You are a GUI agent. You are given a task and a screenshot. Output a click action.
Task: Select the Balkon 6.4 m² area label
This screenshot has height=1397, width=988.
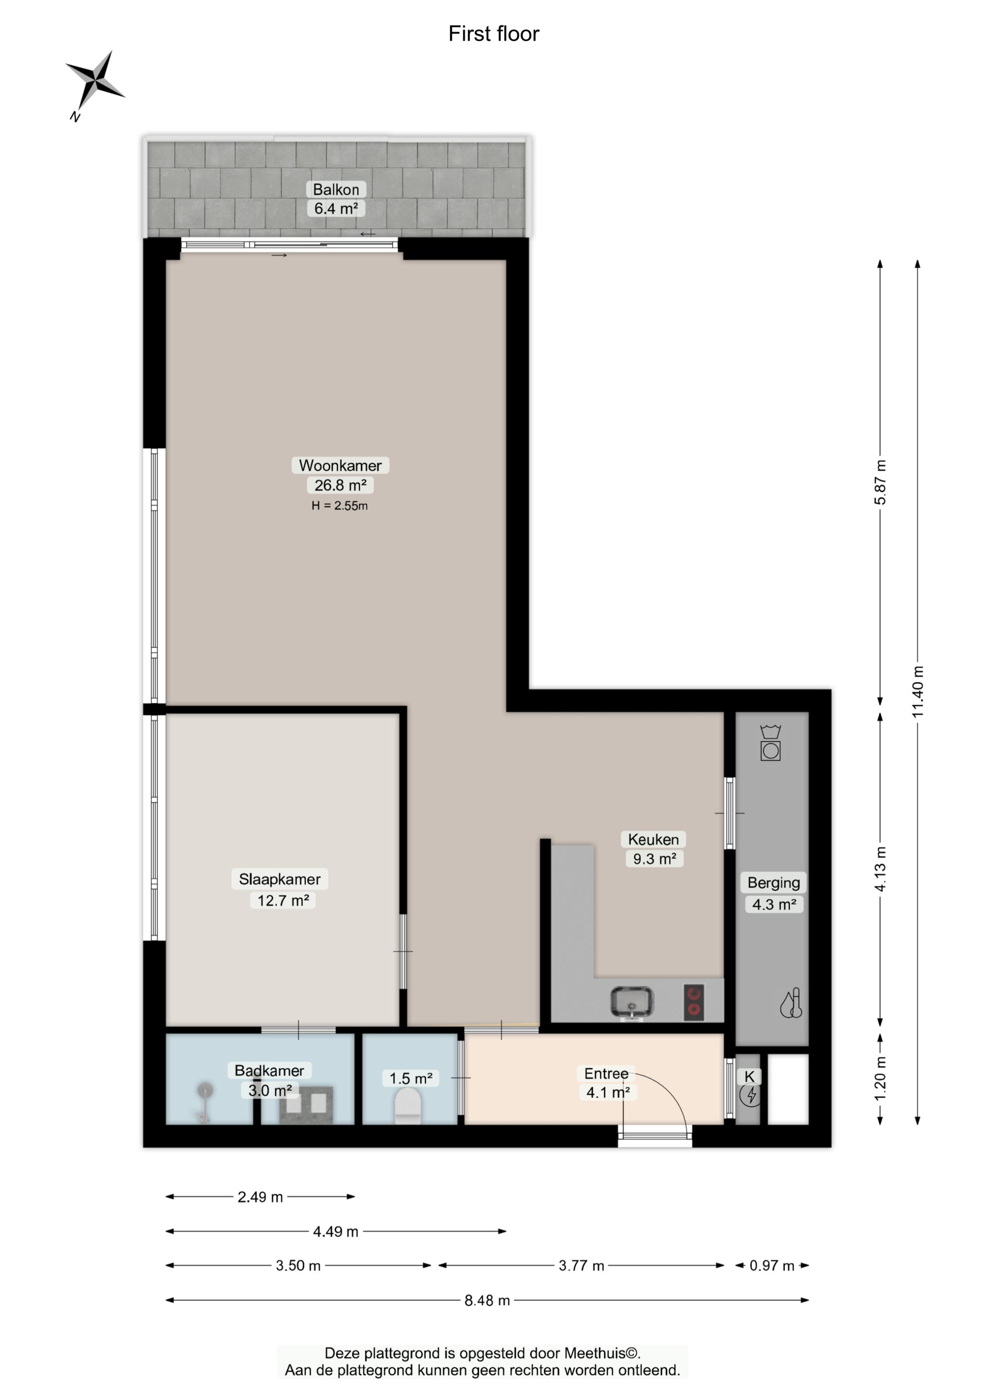(x=336, y=199)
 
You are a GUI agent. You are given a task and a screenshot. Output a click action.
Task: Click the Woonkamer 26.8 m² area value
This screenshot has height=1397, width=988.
(x=340, y=485)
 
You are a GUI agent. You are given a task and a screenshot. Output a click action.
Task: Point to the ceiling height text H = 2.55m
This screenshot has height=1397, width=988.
(x=339, y=506)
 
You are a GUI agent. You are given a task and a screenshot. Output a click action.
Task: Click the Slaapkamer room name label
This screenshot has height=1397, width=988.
(x=279, y=879)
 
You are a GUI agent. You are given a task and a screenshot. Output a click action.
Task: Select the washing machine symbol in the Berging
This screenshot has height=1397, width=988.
(x=770, y=743)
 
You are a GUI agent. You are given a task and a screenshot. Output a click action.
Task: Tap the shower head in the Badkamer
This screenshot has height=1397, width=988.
(x=206, y=1091)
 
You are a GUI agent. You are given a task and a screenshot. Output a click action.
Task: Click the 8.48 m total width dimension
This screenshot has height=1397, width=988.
(x=487, y=1300)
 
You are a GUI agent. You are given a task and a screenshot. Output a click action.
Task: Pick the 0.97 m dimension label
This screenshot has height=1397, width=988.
(x=772, y=1266)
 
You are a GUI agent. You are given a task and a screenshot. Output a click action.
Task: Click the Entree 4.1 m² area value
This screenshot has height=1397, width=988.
(x=608, y=1092)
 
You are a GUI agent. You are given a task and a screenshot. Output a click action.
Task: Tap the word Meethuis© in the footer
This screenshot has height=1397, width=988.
(x=602, y=1353)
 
